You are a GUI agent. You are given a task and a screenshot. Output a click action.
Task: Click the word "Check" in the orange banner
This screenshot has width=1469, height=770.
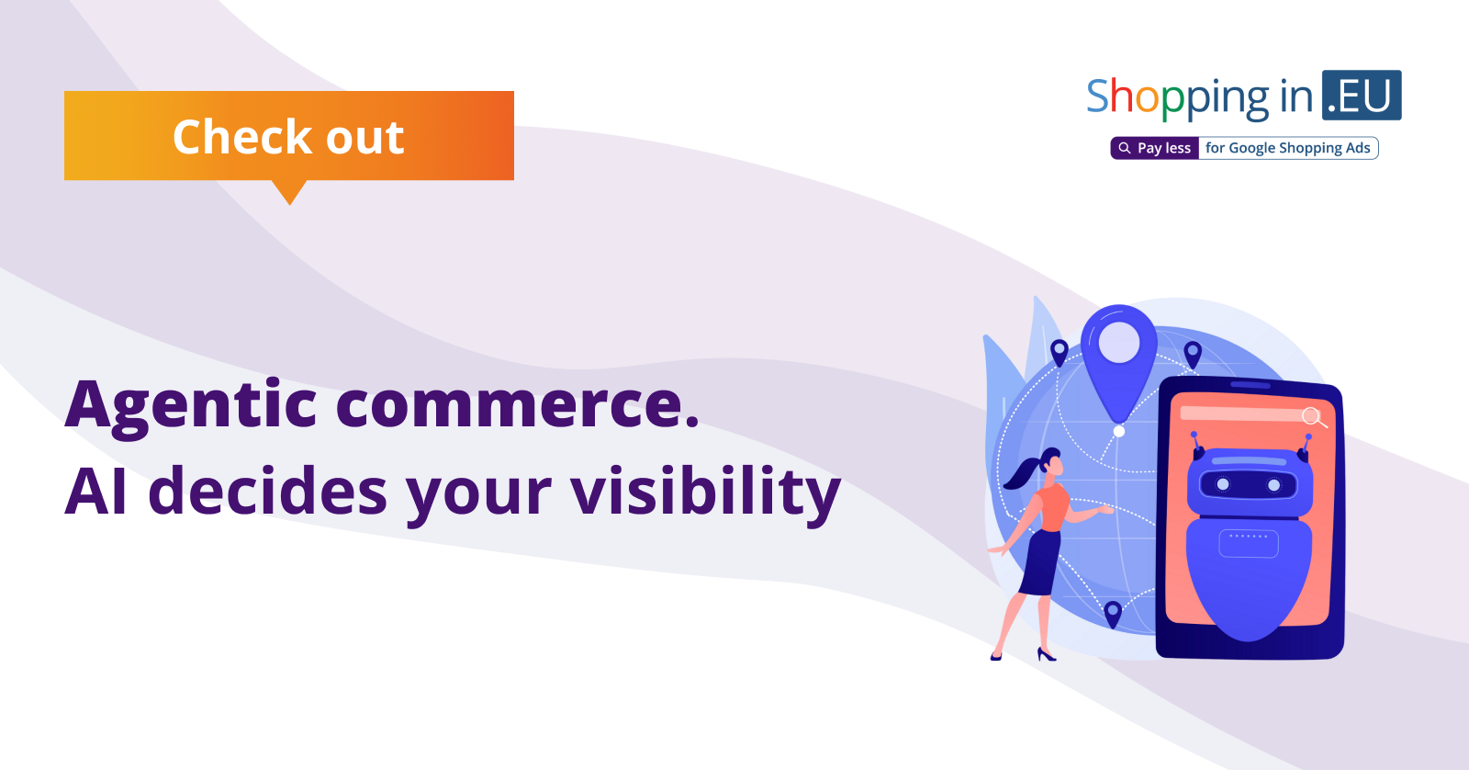[x=242, y=137]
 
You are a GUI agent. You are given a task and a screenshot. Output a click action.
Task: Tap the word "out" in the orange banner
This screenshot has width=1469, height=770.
[x=364, y=138]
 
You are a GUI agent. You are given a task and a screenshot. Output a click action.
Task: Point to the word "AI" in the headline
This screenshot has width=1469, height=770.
[x=95, y=491]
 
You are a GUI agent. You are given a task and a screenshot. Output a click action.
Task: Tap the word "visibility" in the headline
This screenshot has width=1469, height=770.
[x=705, y=493]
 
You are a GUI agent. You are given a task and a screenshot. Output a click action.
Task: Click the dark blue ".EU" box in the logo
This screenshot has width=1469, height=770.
[x=1362, y=96]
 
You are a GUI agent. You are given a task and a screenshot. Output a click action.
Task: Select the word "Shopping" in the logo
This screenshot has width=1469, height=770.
[x=1177, y=98]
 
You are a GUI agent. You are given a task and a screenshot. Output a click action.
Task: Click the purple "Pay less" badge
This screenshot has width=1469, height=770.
[x=1155, y=148]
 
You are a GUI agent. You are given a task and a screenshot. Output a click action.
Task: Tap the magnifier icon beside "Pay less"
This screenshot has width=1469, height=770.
[x=1124, y=148]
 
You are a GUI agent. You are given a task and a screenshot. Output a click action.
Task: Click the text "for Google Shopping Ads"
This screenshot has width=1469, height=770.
[x=1288, y=148]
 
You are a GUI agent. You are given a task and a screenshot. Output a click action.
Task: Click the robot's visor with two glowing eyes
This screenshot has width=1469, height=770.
[x=1248, y=485]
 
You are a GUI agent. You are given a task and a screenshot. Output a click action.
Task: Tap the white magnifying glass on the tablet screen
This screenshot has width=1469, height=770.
[x=1314, y=417]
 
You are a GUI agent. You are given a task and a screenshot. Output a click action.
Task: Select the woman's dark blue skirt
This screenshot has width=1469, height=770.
[x=1041, y=562]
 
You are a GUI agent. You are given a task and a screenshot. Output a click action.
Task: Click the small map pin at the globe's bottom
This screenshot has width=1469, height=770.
[x=1113, y=614]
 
